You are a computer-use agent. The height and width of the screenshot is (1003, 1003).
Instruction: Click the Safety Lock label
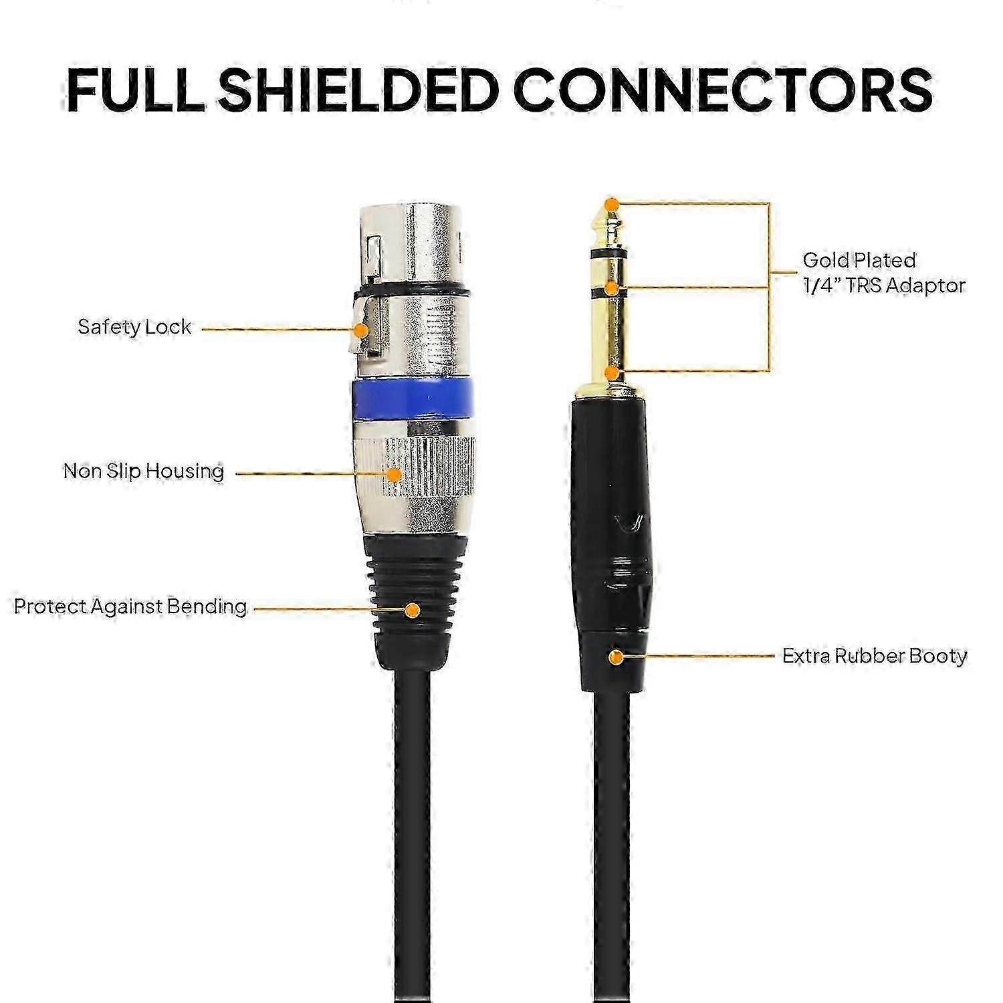pyautogui.click(x=134, y=327)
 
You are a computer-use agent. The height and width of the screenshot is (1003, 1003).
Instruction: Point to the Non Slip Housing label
pyautogui.click(x=144, y=471)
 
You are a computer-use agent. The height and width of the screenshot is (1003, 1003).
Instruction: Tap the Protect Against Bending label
pyautogui.click(x=130, y=606)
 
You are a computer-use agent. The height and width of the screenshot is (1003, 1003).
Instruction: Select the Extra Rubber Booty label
pyautogui.click(x=875, y=656)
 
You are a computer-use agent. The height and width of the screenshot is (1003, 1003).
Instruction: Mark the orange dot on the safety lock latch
pyautogui.click(x=361, y=330)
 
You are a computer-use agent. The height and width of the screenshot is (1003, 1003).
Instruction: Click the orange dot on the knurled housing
pyautogui.click(x=395, y=474)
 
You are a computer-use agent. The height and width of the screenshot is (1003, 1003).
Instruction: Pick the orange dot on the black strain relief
pyautogui.click(x=413, y=610)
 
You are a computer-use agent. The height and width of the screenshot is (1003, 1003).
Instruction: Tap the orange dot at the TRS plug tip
pyautogui.click(x=610, y=203)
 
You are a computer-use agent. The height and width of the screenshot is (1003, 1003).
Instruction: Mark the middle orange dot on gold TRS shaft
pyautogui.click(x=610, y=288)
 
